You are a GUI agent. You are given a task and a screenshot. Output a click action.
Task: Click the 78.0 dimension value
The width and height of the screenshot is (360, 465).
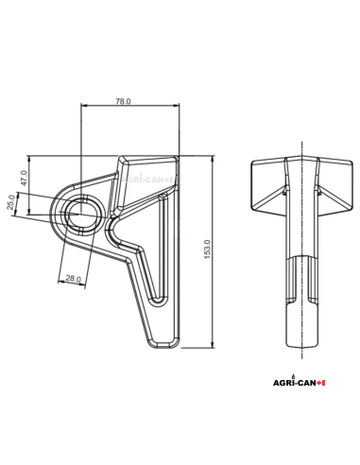coord(123,100)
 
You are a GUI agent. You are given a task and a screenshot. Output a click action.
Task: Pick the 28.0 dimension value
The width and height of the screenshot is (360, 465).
coord(72,279)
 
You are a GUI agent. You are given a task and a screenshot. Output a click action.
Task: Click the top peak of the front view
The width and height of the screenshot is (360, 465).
coord(302,158)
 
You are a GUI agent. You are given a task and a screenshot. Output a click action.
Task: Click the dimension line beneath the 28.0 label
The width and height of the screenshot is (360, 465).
coord(72,284)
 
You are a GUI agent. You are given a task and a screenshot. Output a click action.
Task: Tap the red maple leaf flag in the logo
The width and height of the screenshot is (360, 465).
coord(321,383)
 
